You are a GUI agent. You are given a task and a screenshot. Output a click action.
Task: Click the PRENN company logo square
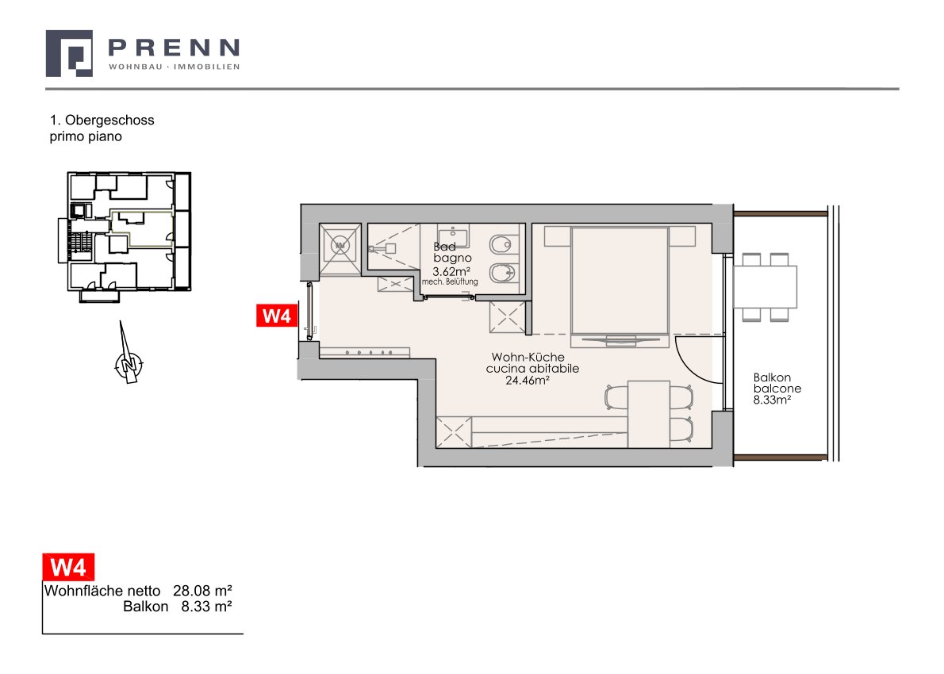(x=69, y=54)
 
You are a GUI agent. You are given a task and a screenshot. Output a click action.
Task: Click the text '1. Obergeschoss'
(x=102, y=120)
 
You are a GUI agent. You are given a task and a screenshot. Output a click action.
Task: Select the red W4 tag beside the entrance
(x=277, y=316)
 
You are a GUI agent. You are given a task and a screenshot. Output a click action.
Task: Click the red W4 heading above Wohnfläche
(x=68, y=567)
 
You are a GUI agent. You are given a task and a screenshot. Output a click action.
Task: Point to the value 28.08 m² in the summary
(x=202, y=591)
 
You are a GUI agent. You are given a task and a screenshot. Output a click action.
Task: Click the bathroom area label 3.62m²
(x=451, y=271)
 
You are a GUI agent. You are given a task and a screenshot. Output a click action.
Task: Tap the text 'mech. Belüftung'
(x=450, y=281)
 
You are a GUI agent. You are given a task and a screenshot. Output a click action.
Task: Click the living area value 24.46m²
(x=528, y=380)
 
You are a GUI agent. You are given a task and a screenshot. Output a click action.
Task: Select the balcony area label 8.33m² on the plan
(x=772, y=399)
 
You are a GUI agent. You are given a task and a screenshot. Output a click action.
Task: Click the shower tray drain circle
(x=341, y=246)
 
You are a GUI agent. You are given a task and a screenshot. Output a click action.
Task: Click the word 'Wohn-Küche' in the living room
(x=528, y=357)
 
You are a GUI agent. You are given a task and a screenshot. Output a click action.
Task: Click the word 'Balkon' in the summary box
(x=146, y=607)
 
